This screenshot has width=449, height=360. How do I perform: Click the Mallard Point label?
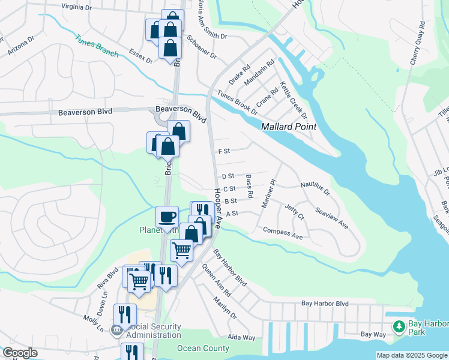[x=289, y=127]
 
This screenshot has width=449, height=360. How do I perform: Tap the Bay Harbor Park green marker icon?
[x=398, y=326]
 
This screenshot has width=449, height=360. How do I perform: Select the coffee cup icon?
[x=167, y=216]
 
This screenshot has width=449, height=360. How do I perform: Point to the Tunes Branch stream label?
[x=97, y=46]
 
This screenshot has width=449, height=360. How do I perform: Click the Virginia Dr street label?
[x=84, y=7]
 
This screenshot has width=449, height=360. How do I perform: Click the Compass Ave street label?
[x=283, y=233]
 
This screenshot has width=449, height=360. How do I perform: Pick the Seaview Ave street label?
[x=331, y=218]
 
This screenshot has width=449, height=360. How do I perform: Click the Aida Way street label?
[x=241, y=338]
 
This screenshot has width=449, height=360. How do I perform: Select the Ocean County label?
[x=203, y=348]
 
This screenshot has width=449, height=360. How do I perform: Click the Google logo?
[x=19, y=353]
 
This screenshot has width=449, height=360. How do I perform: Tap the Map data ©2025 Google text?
[x=411, y=355]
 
